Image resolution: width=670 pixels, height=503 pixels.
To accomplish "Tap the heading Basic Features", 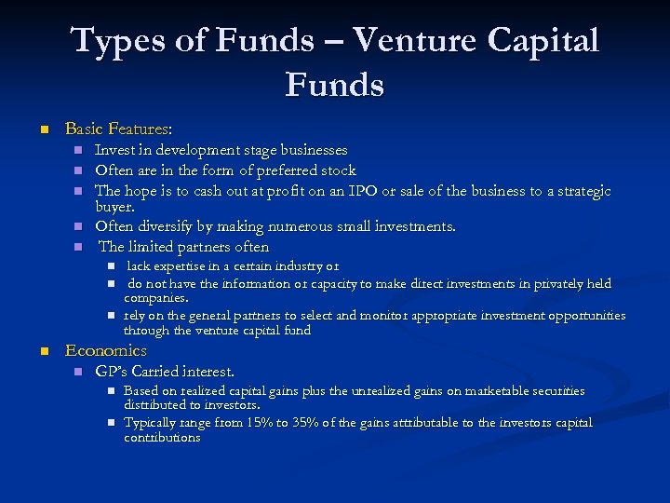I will [x=118, y=129].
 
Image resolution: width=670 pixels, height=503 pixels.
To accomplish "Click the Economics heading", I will [x=105, y=351].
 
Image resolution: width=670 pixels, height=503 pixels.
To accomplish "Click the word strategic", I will [x=577, y=191].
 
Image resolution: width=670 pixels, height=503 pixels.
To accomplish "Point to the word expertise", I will [x=183, y=266].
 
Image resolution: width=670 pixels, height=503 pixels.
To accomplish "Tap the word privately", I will [x=556, y=284].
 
